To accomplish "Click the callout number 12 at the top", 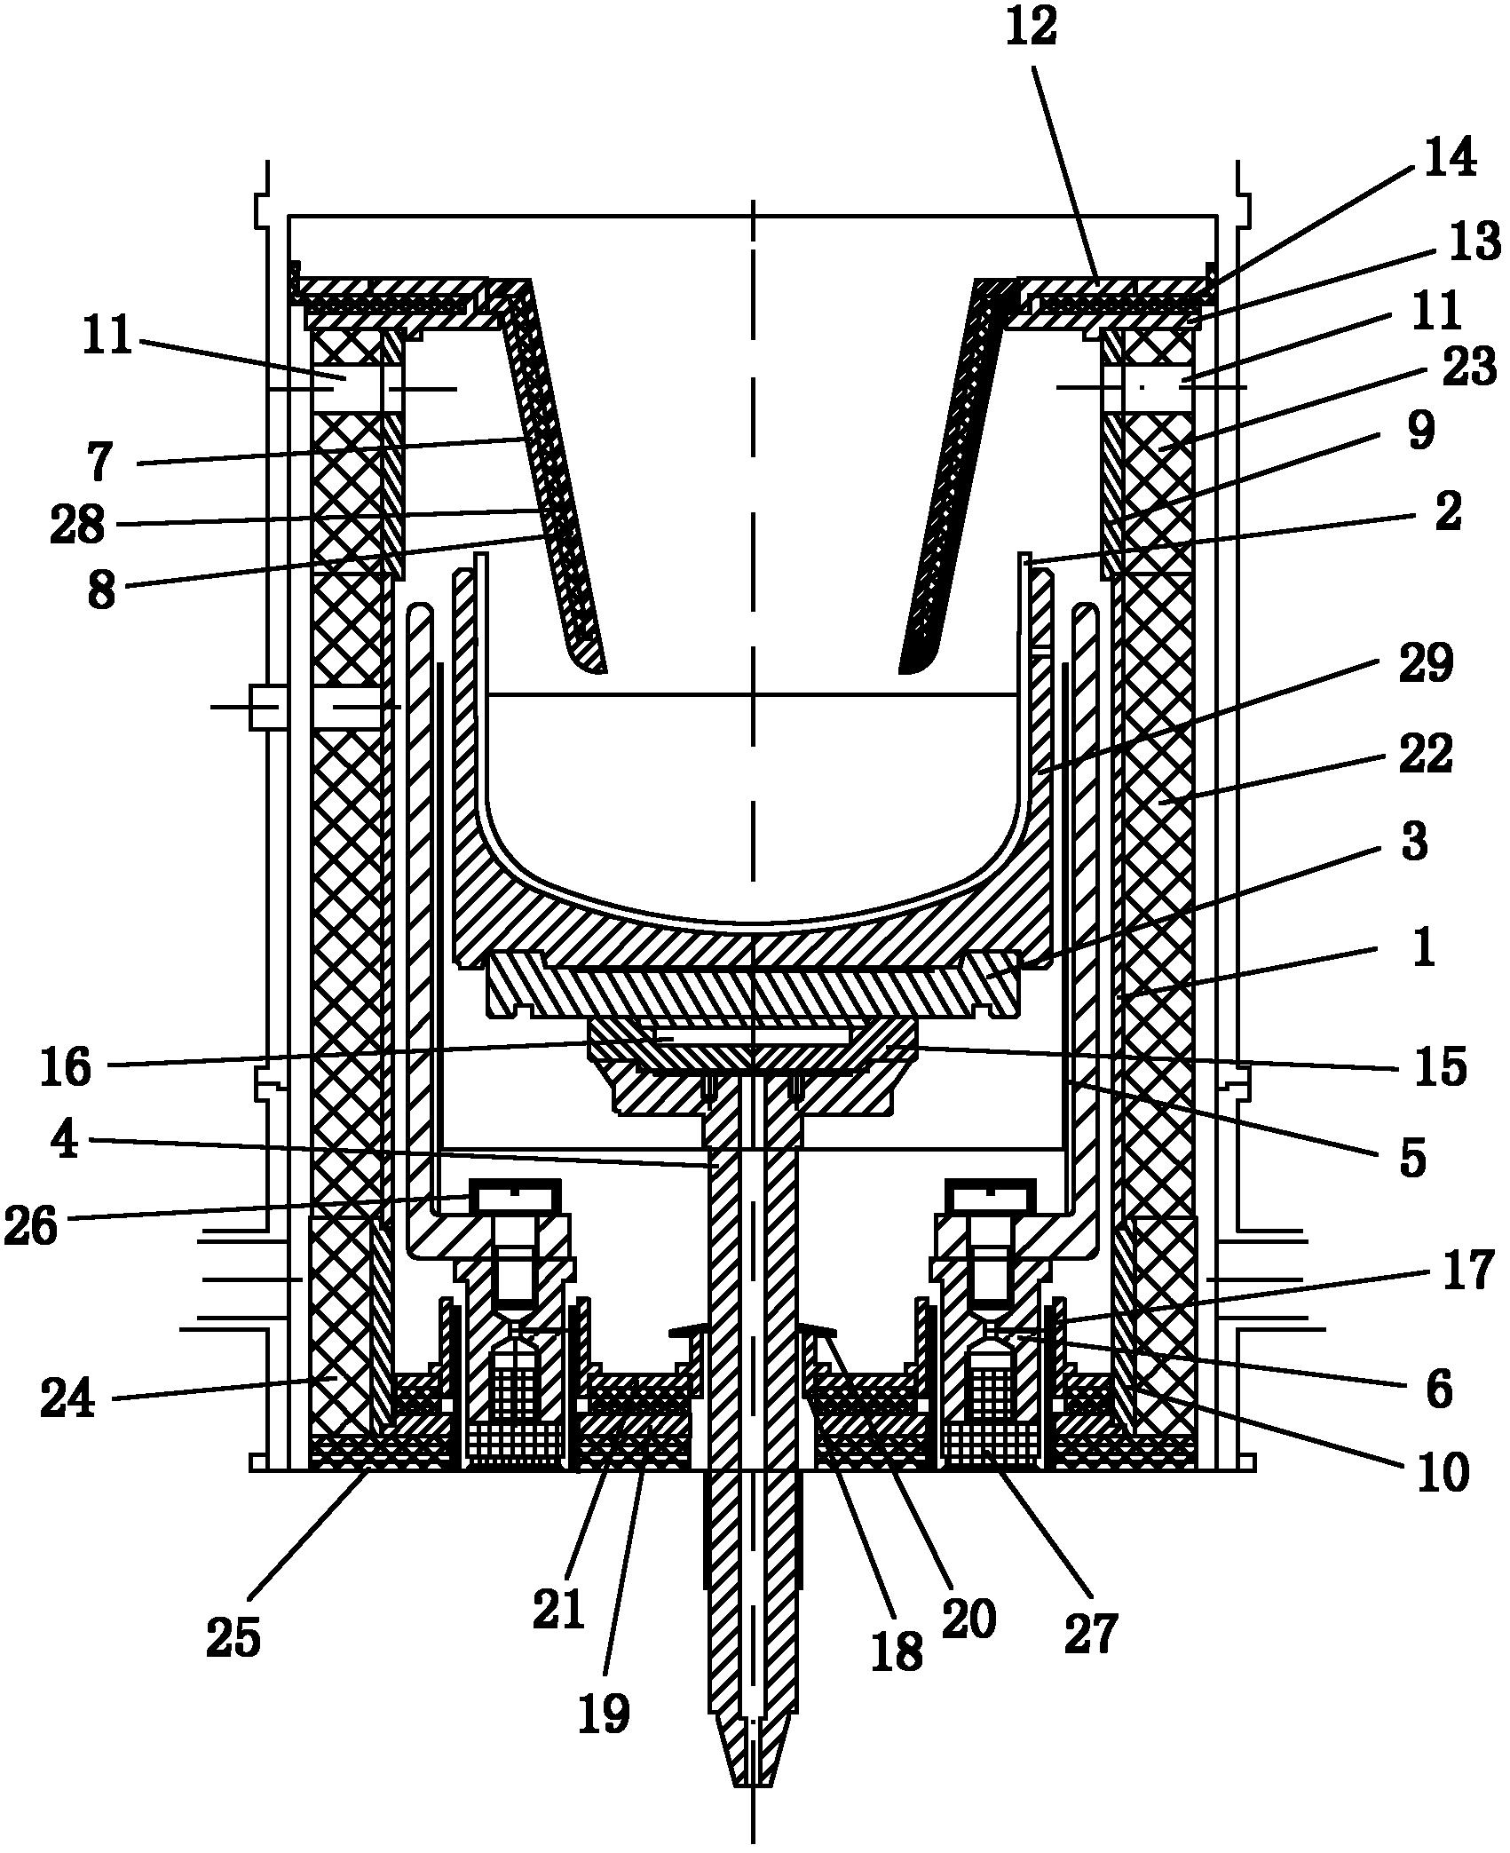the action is pos(1032,28).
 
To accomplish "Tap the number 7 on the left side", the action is pos(100,462).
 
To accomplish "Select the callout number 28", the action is pos(78,524).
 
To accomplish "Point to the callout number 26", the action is pos(32,1225).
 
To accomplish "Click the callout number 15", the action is pos(1440,1066).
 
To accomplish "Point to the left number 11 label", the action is pos(107,337).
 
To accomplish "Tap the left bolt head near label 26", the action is pos(517,1195).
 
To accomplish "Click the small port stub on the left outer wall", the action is pos(266,707).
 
